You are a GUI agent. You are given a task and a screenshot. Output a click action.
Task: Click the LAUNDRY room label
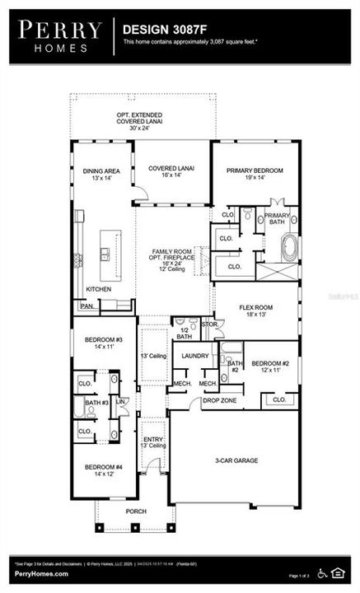[196, 355]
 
